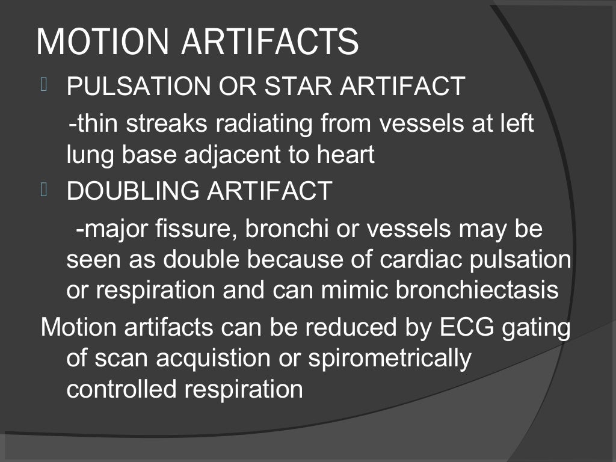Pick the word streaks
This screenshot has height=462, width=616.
168,124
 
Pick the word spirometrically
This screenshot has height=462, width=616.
390,359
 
